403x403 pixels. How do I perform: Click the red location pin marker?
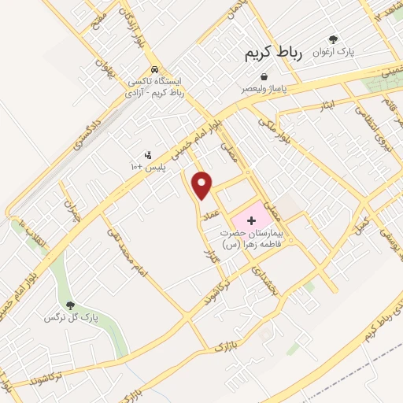[203, 185]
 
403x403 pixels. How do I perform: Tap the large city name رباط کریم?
[269, 52]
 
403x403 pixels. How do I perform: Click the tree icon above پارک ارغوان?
[333, 39]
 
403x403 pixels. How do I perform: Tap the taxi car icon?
[155, 69]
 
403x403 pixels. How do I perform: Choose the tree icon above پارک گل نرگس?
[70, 305]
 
